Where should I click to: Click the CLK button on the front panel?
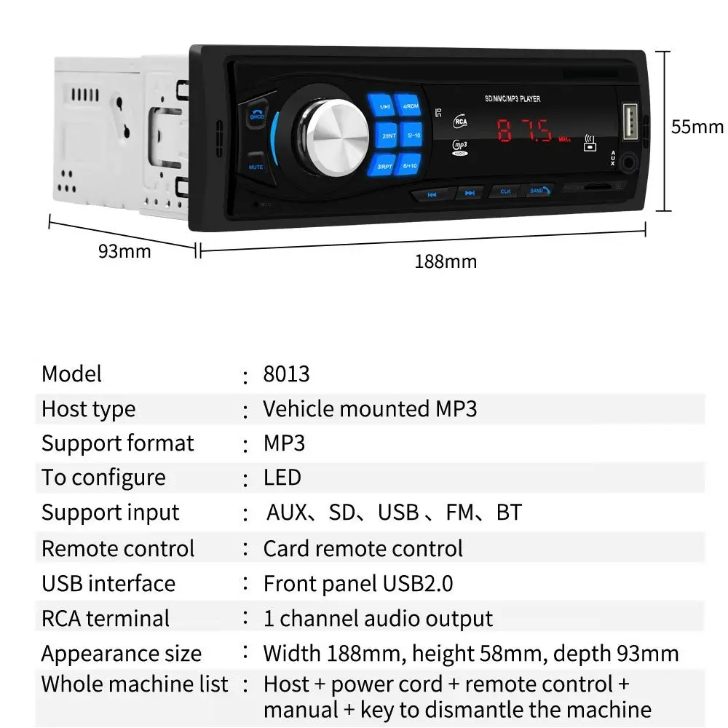pyautogui.click(x=505, y=191)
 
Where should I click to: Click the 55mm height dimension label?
pyautogui.click(x=697, y=127)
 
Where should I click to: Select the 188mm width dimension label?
pyautogui.click(x=446, y=261)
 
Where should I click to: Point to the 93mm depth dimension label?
pyautogui.click(x=124, y=251)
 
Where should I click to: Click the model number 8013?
pyautogui.click(x=286, y=374)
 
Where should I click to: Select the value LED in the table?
pyautogui.click(x=282, y=478)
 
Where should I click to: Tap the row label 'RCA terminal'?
pyautogui.click(x=106, y=619)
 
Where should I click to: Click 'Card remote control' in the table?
pyautogui.click(x=363, y=548)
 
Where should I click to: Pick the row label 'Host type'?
pyautogui.click(x=88, y=409)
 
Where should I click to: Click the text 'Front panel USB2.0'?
pyautogui.click(x=357, y=583)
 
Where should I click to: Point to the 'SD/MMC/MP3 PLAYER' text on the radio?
pyautogui.click(x=512, y=99)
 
